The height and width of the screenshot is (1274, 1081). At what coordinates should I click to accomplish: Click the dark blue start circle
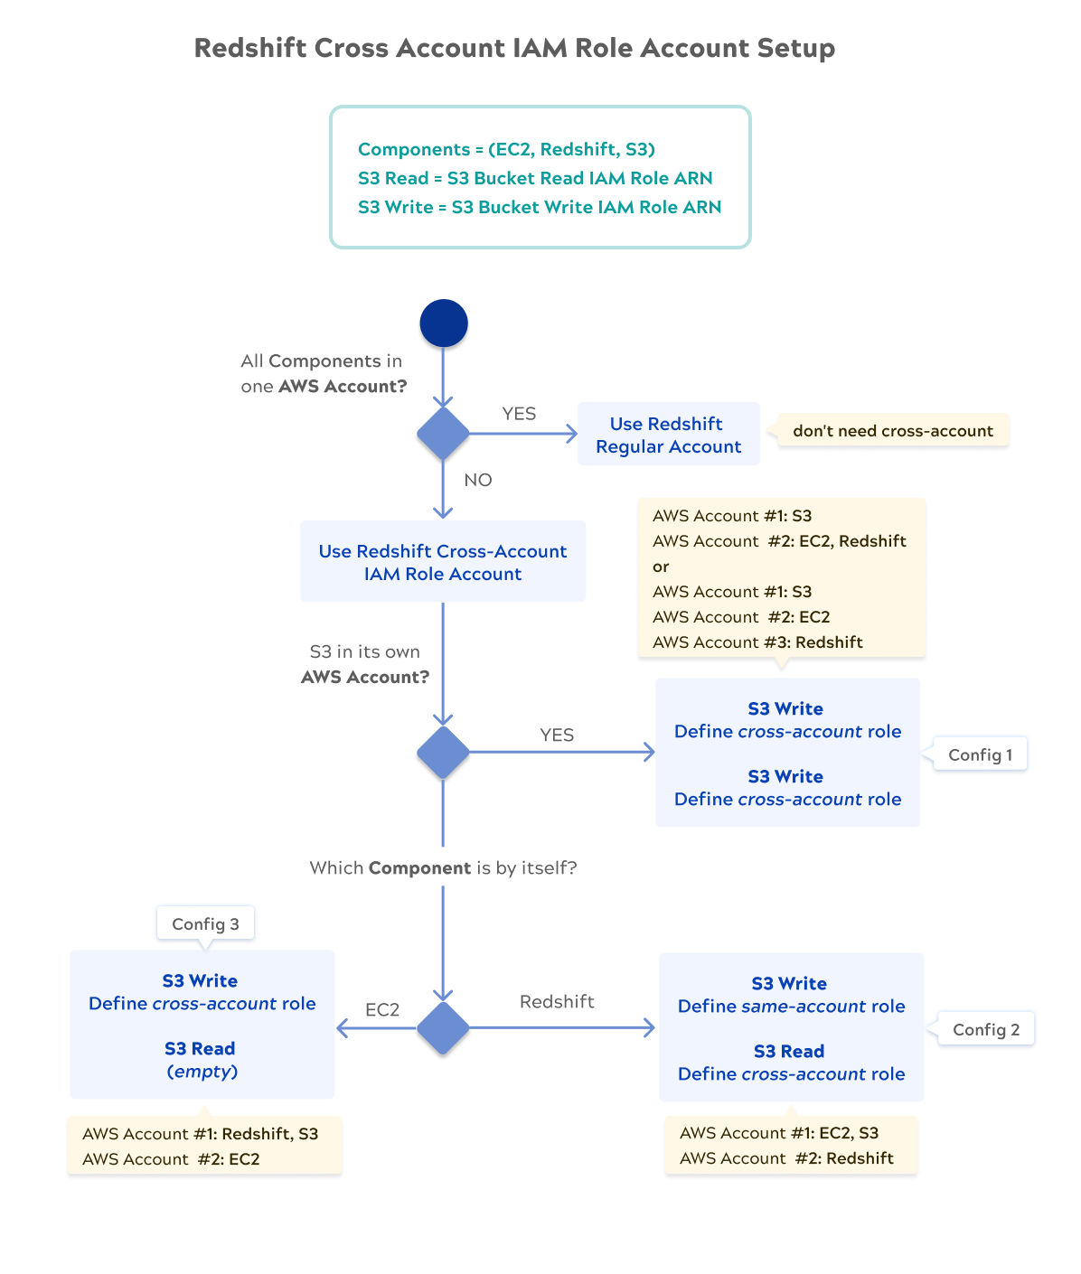point(444,323)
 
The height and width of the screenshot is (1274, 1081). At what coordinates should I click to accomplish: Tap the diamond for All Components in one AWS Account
point(444,434)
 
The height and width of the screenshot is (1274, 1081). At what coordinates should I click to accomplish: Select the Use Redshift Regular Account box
point(669,434)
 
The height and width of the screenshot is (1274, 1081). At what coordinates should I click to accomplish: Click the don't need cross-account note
point(892,430)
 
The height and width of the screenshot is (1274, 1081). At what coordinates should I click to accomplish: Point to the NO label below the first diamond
point(478,480)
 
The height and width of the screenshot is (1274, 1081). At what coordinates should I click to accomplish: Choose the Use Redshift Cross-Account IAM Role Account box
point(443,561)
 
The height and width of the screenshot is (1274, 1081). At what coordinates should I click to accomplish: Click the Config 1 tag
point(980,754)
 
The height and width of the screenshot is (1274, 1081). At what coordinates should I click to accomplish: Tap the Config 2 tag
point(986,1029)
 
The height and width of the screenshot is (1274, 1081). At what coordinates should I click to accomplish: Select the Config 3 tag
point(205,923)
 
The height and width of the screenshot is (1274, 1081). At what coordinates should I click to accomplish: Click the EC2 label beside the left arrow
point(382,1009)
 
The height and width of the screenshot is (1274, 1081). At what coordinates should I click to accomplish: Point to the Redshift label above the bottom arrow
point(557,1001)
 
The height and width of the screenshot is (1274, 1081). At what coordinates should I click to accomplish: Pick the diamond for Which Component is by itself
point(444,1027)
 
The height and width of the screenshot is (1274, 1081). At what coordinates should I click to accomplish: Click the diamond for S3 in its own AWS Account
point(444,752)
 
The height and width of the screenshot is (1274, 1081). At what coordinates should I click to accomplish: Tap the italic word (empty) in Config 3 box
point(202,1072)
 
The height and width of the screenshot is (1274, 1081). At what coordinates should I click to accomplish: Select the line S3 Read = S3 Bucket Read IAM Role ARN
point(535,178)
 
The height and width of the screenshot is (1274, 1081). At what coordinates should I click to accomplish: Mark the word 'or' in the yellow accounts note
point(661,567)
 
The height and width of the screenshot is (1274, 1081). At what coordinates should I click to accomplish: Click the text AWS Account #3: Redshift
point(757,642)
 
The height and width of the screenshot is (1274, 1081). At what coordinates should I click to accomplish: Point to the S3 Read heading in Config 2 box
point(789,1051)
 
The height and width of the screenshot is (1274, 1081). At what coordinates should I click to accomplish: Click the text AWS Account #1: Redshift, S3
point(201,1133)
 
